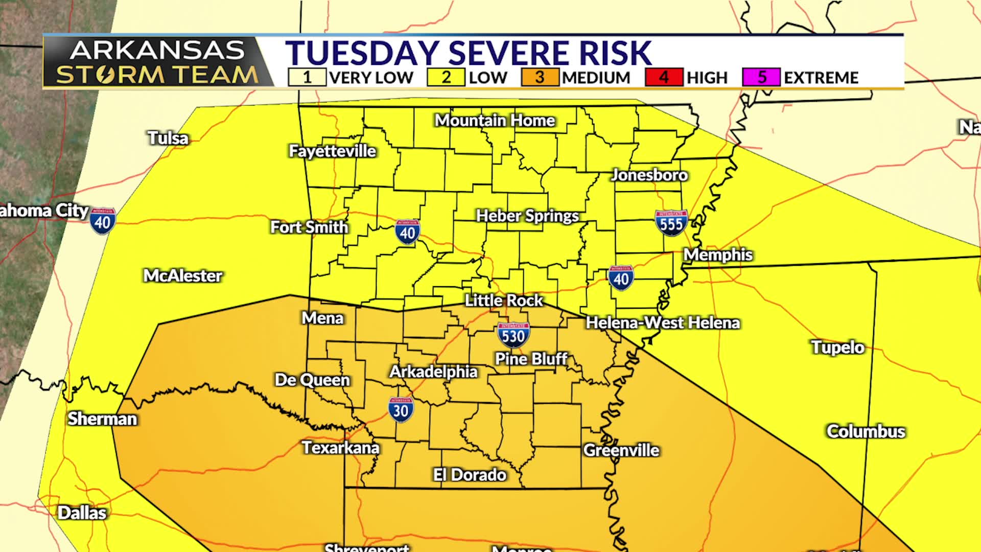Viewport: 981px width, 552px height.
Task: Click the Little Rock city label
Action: pos(503,301)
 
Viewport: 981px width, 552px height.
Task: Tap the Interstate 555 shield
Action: pos(671,223)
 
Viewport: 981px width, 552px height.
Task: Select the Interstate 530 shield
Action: pos(513,335)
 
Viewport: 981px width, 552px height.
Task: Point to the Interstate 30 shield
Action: pos(401,410)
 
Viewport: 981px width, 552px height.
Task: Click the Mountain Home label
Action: pos(495,121)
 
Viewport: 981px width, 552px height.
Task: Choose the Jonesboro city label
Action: pos(649,175)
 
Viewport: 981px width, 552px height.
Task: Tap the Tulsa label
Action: pos(168,138)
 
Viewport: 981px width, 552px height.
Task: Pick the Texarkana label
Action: pos(340,448)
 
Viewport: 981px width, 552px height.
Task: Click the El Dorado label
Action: pos(470,475)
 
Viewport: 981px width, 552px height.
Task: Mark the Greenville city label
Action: pos(621,450)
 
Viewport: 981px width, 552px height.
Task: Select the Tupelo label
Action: pos(838,348)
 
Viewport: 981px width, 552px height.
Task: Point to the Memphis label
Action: pos(718,255)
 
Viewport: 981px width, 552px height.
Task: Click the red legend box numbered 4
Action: pos(664,77)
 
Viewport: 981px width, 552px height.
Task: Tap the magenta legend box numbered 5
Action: pos(761,77)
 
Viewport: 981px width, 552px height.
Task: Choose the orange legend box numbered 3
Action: pos(540,77)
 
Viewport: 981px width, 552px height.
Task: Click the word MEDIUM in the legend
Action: pos(596,78)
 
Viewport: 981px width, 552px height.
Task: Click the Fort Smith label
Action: pos(309,227)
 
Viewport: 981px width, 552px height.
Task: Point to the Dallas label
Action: pos(82,513)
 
